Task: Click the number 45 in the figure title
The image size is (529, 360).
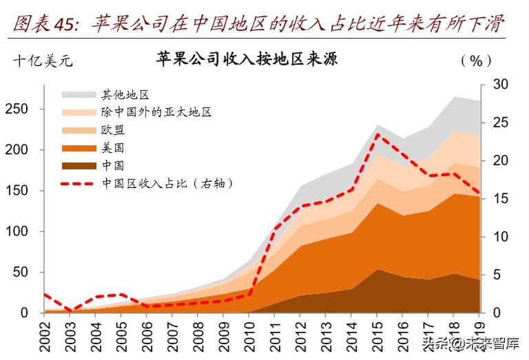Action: [68, 25]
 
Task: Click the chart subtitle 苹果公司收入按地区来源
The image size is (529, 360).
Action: [247, 59]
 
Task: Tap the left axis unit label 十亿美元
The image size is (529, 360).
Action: [43, 61]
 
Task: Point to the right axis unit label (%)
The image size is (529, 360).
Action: [476, 61]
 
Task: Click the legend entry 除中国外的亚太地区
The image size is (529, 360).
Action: [156, 112]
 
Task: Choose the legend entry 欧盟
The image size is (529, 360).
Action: [113, 130]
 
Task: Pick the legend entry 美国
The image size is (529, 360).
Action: [113, 147]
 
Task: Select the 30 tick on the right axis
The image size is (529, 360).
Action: [500, 85]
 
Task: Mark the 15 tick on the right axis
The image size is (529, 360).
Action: [500, 199]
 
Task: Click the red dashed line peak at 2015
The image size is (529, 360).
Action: [377, 134]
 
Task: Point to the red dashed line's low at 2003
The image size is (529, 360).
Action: [70, 310]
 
